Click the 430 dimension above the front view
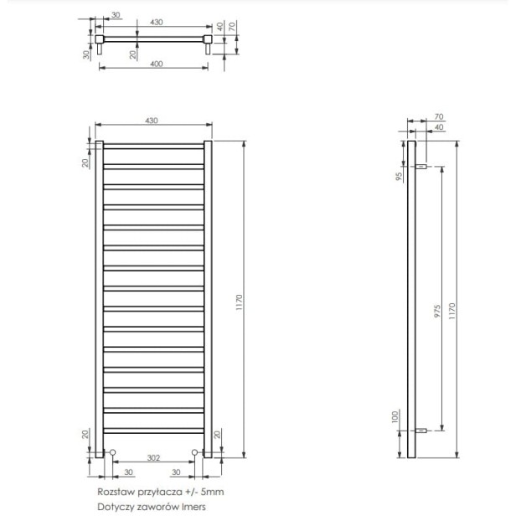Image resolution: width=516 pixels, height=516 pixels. pos(152,121)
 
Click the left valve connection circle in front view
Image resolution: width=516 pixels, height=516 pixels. pos(113,453)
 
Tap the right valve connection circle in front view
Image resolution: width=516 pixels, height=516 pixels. pos(194,453)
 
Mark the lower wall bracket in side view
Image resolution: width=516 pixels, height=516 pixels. pos(423,431)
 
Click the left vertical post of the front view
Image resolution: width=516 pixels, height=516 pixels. pos(99,298)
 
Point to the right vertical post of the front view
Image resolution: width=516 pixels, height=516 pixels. pos(208,298)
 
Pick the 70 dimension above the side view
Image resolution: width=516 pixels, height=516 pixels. pos(438,117)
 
